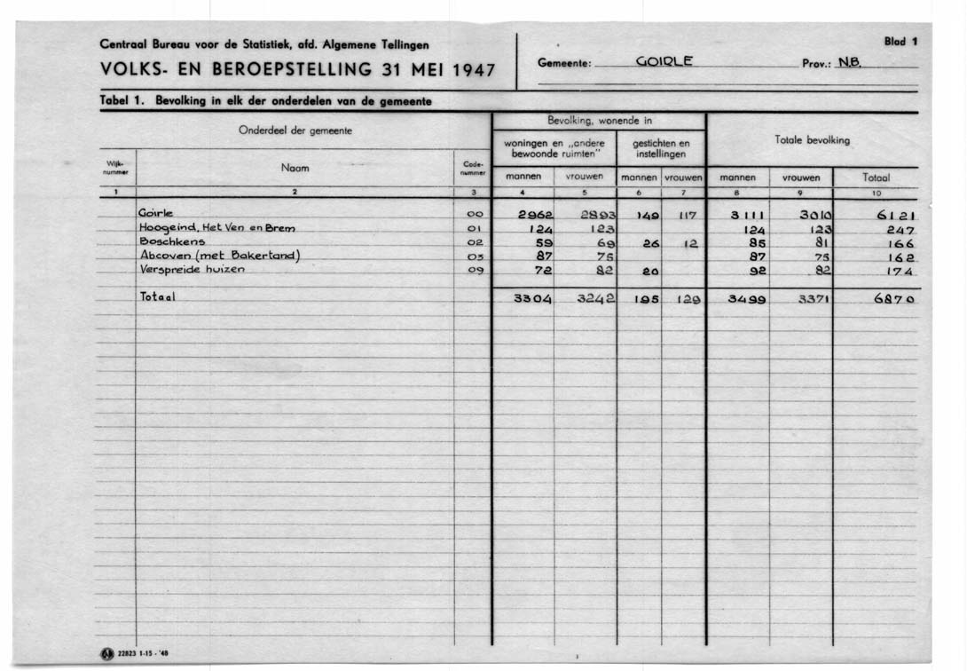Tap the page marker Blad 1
coord(900,41)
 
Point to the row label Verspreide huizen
coord(190,270)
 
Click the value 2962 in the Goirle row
coord(536,215)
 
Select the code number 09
coord(474,270)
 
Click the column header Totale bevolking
coord(813,140)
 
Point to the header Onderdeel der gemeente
coord(295,130)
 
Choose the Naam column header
coord(295,167)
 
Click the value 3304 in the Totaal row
coord(534,299)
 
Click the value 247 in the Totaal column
coord(898,229)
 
